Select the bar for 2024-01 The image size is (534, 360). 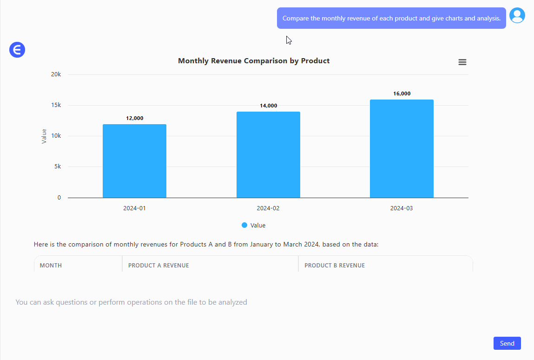[134, 161]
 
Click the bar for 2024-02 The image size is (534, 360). [268, 155]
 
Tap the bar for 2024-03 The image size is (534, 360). [402, 149]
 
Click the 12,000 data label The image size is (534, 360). [135, 118]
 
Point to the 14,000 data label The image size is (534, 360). [268, 106]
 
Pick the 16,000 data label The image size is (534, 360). [402, 93]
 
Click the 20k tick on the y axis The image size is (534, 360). [56, 74]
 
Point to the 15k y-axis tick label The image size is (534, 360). [56, 105]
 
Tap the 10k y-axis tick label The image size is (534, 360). [56, 136]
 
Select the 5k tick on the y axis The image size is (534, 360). [58, 167]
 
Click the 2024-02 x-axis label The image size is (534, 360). [268, 208]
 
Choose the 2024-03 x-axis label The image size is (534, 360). [402, 208]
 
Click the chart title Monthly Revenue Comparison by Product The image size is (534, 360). [254, 61]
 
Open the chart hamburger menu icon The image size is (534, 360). [462, 62]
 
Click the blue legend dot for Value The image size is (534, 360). [244, 225]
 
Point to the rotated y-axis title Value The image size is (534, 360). [44, 136]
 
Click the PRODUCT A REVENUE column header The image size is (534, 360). [158, 266]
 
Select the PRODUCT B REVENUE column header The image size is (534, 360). [335, 266]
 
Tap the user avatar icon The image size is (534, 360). [517, 15]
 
